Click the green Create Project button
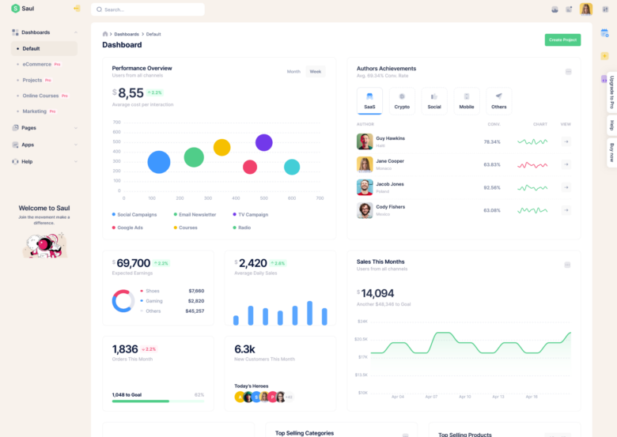point(562,40)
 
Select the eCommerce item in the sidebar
point(36,64)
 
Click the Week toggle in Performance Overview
point(316,71)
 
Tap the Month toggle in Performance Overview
point(293,71)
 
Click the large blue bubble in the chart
point(159,162)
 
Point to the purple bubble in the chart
point(264,142)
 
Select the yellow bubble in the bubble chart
point(222,148)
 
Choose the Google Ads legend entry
point(130,228)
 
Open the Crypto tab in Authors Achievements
point(402,100)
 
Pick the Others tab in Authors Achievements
point(498,100)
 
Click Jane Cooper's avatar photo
point(365,164)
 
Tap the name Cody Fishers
point(390,207)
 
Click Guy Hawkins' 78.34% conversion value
point(492,141)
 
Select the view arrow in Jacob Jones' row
point(566,187)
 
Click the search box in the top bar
point(148,9)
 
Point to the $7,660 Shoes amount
point(196,291)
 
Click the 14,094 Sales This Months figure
point(378,293)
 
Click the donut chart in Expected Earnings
point(123,300)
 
